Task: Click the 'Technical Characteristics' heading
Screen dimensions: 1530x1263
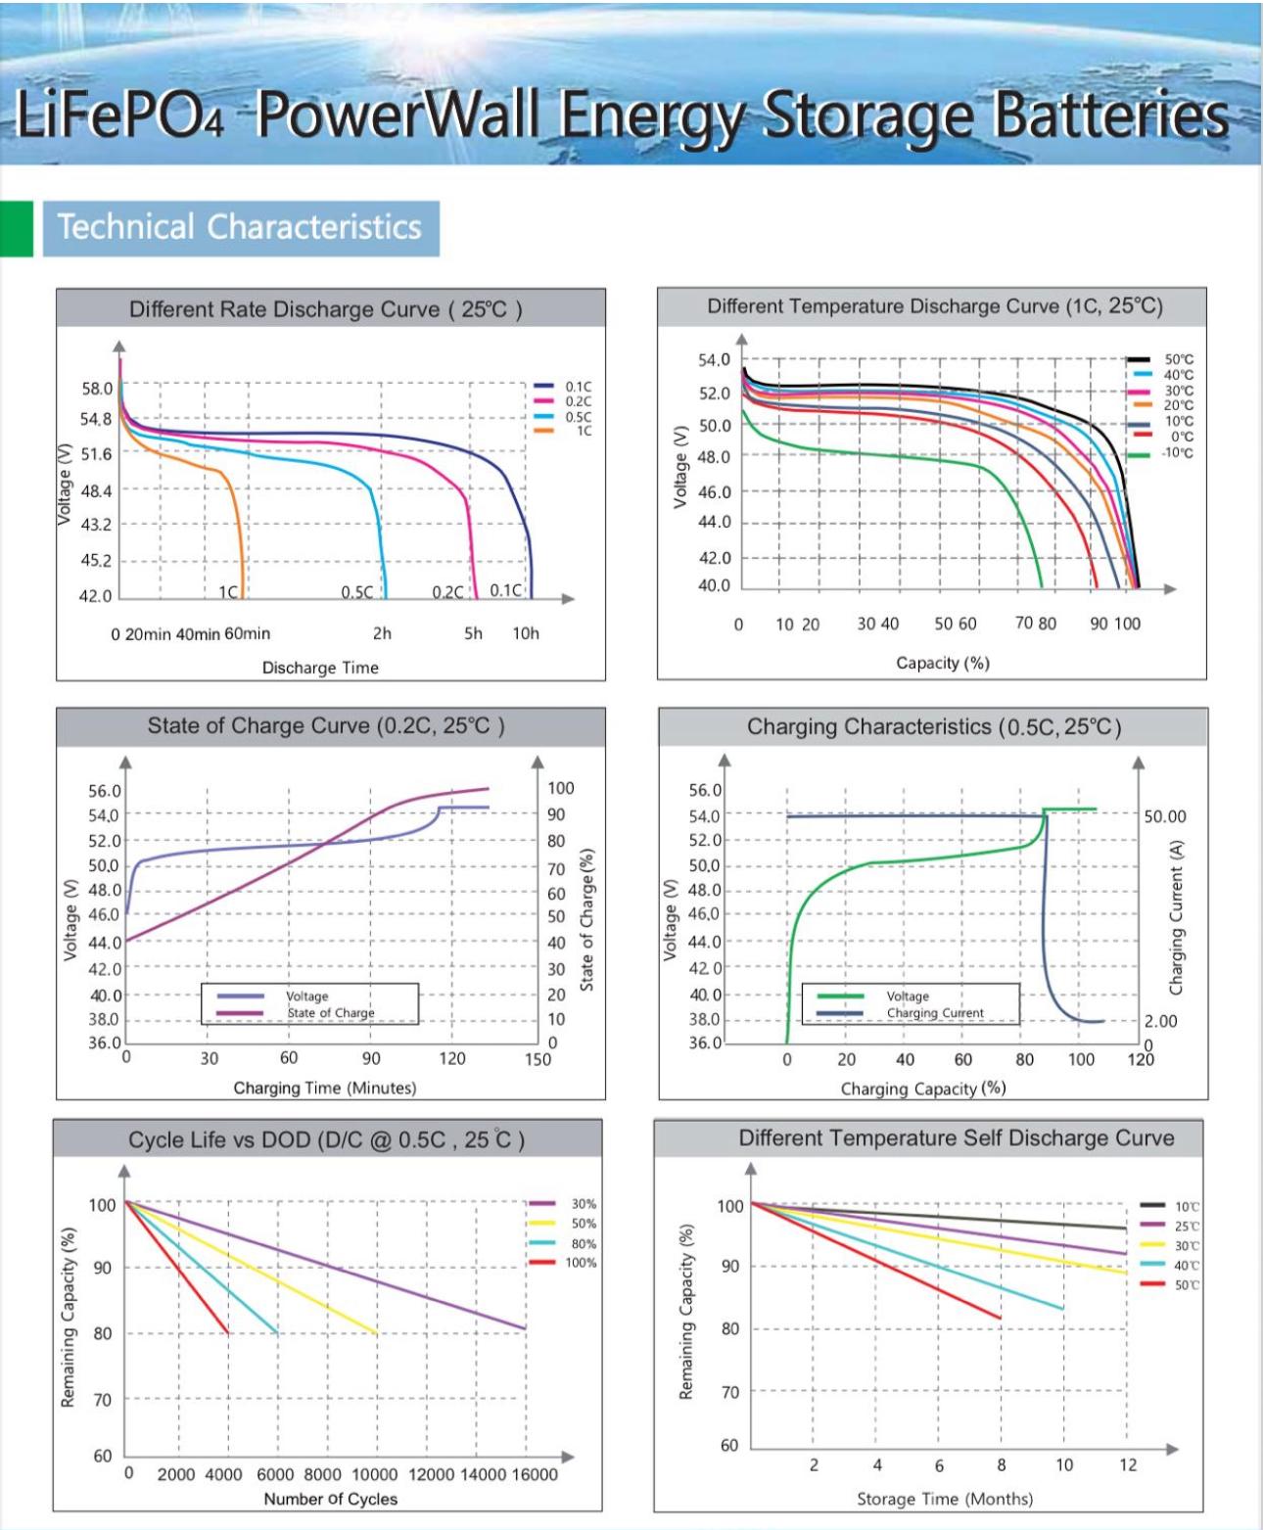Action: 240,227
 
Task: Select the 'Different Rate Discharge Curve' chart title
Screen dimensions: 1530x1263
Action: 326,309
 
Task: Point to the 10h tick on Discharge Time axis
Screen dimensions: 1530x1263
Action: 526,633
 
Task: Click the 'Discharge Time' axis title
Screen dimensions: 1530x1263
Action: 320,668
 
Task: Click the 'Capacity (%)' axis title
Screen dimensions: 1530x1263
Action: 943,663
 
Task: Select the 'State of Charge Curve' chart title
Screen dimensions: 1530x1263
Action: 326,725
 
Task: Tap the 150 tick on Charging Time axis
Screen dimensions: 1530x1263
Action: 538,1058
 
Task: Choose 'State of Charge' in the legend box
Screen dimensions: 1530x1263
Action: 331,1013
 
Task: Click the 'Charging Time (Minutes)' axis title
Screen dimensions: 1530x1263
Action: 324,1088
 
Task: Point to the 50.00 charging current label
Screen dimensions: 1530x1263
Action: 1164,816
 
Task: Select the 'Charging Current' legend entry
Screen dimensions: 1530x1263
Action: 935,1013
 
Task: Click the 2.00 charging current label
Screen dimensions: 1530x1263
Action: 1160,1021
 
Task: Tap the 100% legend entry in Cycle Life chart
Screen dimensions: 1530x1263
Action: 580,1263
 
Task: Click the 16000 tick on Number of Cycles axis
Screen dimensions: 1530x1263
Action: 535,1474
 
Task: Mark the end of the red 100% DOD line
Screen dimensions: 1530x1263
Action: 228,1332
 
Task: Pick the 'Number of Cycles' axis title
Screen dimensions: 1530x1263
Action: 331,1499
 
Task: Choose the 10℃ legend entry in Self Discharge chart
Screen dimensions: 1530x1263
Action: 1187,1207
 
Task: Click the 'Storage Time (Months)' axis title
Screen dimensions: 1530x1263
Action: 945,1499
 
